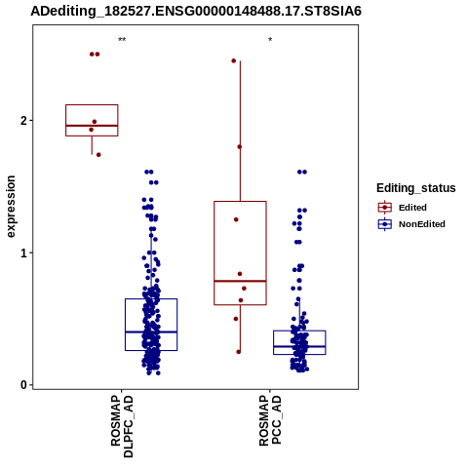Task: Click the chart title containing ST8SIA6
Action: (x=196, y=12)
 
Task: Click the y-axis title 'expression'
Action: (x=11, y=207)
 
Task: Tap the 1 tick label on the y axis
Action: (x=23, y=253)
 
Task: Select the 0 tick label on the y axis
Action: (x=23, y=385)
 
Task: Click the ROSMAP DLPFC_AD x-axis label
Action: (x=122, y=426)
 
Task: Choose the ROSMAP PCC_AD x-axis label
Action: (x=270, y=420)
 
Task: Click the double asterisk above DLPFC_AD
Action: (x=122, y=40)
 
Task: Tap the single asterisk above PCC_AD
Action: (x=270, y=40)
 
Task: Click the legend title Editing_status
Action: (x=416, y=188)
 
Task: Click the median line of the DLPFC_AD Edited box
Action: (x=92, y=126)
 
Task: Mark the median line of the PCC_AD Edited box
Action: (x=240, y=281)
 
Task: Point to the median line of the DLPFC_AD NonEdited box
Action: (x=151, y=331)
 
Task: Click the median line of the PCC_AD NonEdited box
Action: (x=299, y=346)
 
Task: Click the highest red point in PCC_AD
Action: (x=234, y=60)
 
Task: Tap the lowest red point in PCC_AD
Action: (x=239, y=352)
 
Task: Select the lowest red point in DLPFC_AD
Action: (x=98, y=155)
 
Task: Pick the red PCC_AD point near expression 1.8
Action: (x=240, y=147)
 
